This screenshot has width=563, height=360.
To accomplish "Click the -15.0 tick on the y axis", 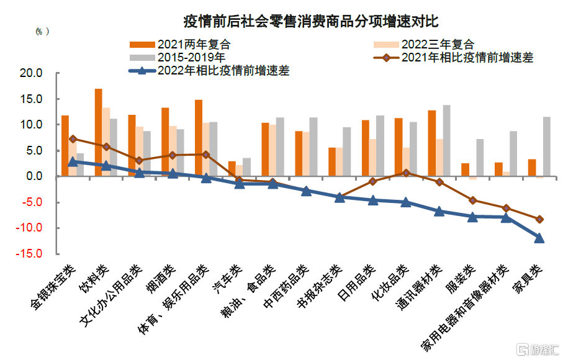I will tap(29, 254).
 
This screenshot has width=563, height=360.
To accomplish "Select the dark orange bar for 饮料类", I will tap(98, 132).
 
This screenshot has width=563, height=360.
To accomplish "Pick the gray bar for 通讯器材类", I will tap(446, 140).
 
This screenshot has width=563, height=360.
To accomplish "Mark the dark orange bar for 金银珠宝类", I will tap(65, 146).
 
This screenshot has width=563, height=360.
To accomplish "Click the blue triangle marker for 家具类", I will tap(539, 238).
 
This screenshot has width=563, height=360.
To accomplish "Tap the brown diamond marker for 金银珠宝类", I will tap(73, 138).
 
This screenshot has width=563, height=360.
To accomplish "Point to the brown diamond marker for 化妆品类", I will tap(406, 173).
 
